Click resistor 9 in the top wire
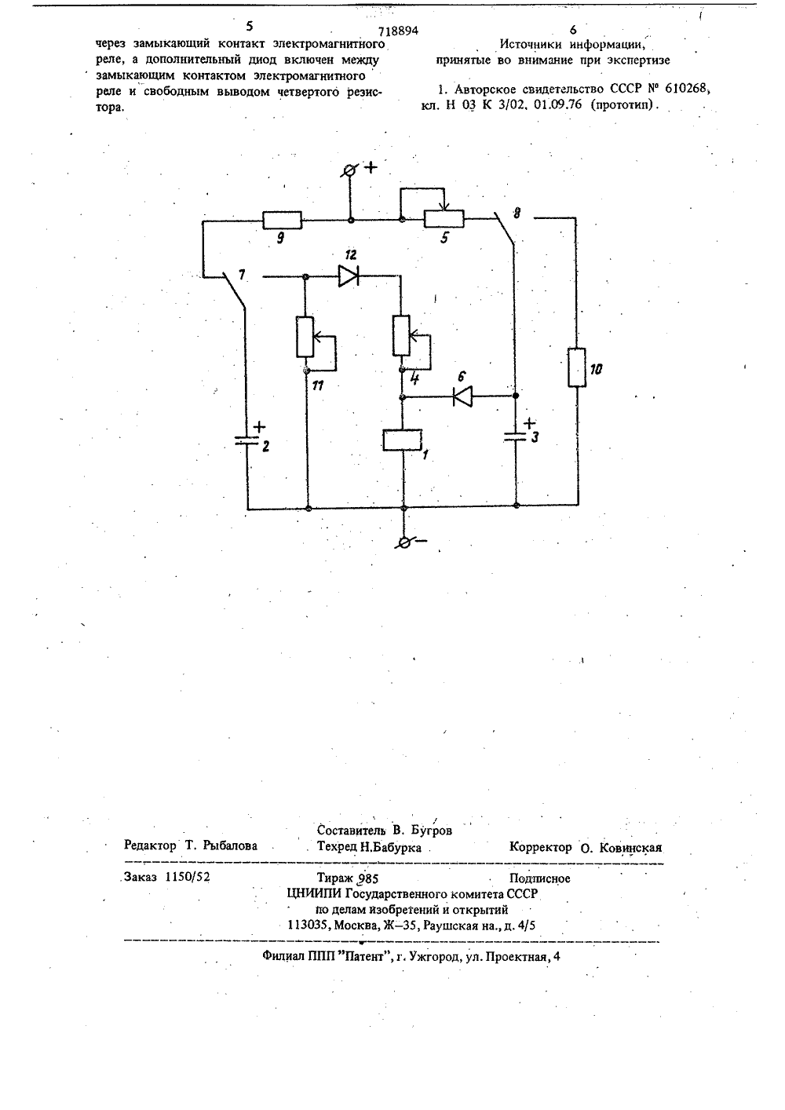point(282,220)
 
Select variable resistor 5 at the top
point(444,219)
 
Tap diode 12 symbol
point(349,276)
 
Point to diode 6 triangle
point(462,396)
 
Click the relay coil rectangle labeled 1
point(402,440)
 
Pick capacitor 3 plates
point(516,436)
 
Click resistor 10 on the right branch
point(577,367)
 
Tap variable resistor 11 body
point(305,337)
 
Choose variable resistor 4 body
point(401,335)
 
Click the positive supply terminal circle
point(350,170)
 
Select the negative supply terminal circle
point(404,543)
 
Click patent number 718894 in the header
point(398,31)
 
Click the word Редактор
point(150,845)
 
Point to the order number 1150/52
point(188,877)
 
